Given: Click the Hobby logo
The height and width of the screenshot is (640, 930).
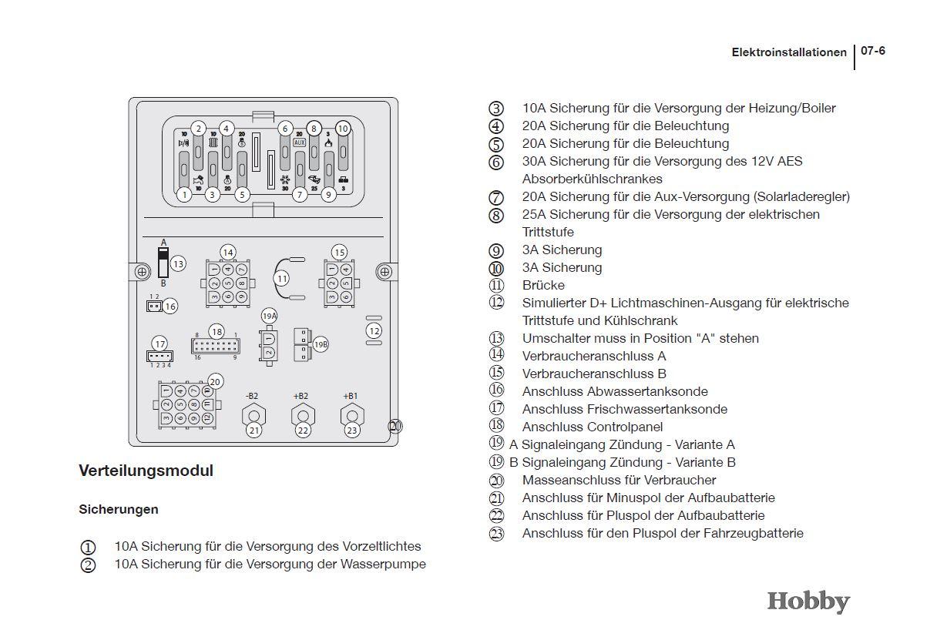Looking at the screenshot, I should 808,601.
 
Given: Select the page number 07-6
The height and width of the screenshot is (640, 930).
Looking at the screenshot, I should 873,51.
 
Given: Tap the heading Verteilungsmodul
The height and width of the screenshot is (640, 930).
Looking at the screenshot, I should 146,471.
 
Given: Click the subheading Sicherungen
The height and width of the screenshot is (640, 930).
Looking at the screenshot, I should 119,509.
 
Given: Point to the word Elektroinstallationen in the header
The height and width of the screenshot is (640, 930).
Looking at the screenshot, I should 788,52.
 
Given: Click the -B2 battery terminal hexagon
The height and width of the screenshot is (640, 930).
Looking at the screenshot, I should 253,415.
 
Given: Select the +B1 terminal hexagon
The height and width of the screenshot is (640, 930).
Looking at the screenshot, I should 351,415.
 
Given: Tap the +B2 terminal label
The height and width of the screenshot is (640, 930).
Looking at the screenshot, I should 300,396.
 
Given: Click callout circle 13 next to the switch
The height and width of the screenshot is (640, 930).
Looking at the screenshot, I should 178,263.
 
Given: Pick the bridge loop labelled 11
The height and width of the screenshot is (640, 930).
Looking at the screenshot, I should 282,278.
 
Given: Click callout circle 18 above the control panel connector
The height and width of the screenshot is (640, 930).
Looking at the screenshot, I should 217,332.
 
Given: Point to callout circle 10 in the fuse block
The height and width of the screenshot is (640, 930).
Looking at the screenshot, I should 343,129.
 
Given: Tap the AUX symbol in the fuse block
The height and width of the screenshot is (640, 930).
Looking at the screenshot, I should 300,142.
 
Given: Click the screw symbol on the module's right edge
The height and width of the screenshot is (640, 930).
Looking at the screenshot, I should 384,271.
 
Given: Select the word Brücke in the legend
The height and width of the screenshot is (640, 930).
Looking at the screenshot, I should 543,285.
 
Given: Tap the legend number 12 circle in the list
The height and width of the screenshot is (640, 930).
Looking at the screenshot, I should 496,303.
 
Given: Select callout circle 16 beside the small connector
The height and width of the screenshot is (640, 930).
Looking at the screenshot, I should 170,307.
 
